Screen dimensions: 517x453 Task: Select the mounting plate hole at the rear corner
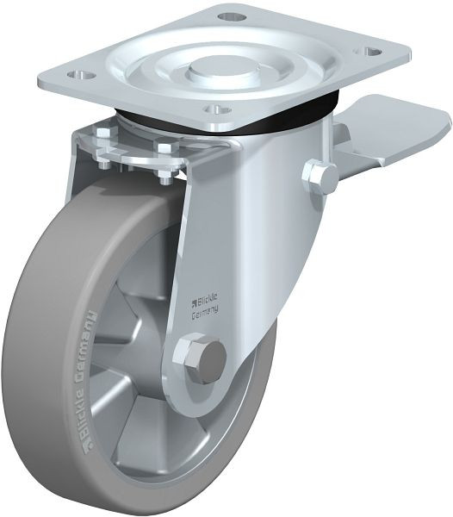click(227, 16)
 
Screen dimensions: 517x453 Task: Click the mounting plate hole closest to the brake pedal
click(371, 53)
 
